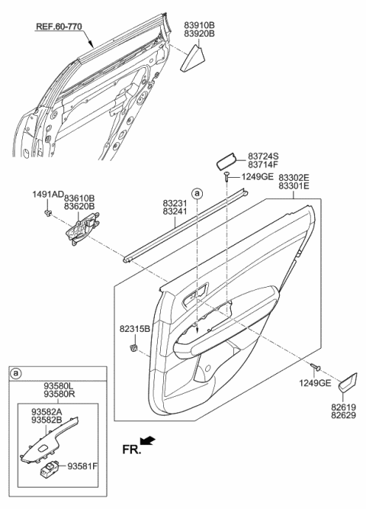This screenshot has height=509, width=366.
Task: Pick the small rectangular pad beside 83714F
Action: point(227,161)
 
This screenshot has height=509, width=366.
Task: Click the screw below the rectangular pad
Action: point(227,177)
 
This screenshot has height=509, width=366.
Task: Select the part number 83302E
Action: point(294,177)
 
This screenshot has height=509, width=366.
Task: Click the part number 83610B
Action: point(79,197)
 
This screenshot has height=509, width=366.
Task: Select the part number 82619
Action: point(342,409)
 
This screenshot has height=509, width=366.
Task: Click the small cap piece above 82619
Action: point(348,384)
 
